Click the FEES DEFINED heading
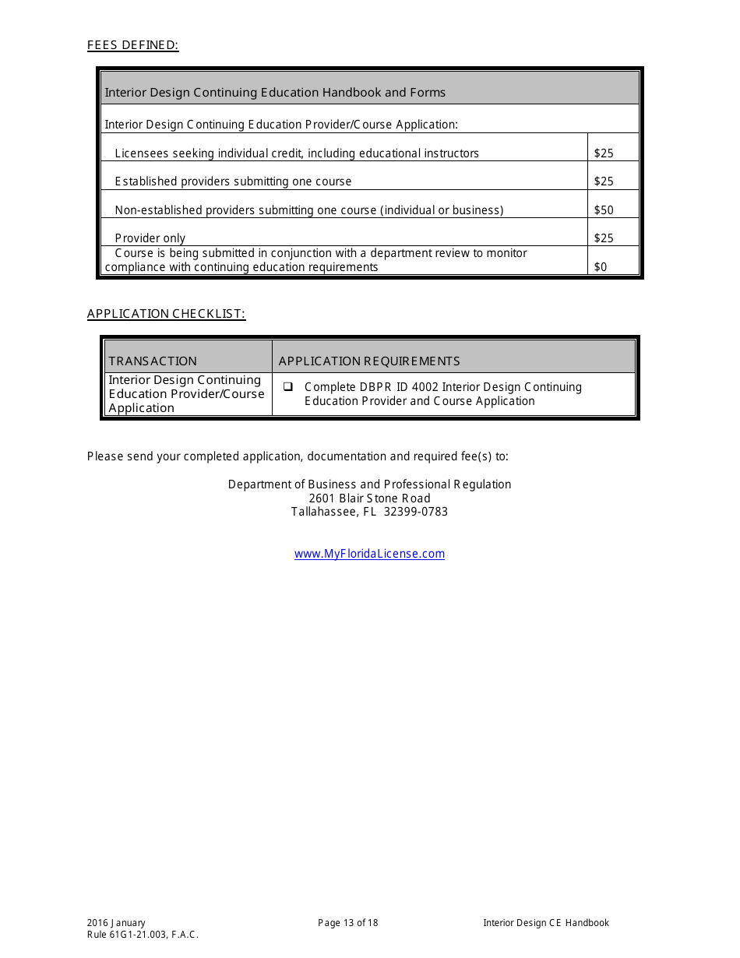click(132, 45)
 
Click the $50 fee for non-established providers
click(604, 210)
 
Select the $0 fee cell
click(601, 267)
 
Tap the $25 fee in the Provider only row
click(604, 238)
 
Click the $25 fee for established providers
click(604, 181)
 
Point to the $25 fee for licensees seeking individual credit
click(604, 153)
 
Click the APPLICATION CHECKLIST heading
click(166, 314)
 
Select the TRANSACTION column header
click(153, 361)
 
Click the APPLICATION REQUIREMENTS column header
click(369, 361)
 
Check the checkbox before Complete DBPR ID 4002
click(287, 386)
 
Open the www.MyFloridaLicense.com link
click(369, 554)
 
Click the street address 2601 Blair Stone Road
click(369, 498)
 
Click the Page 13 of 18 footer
click(348, 923)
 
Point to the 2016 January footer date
click(116, 923)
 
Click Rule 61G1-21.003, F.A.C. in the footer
click(143, 935)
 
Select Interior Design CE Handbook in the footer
click(546, 923)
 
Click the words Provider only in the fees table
click(150, 238)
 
